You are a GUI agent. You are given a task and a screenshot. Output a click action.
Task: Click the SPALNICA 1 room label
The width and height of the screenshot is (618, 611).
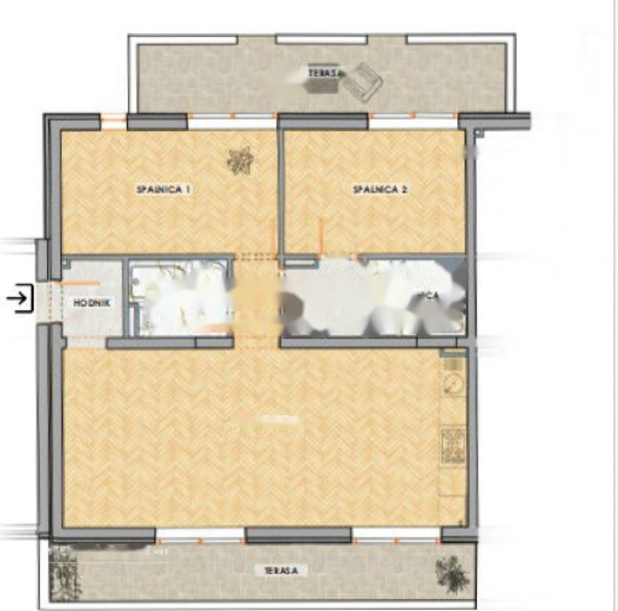point(164,189)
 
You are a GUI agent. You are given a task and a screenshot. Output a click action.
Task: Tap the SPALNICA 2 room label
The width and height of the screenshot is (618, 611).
point(380,189)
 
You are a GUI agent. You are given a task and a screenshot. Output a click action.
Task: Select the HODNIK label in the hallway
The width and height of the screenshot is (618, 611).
point(92,303)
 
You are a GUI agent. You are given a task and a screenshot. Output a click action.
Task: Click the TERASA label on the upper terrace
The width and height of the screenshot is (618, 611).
point(324,73)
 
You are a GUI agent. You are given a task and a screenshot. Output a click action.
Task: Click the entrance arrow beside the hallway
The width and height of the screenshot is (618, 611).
point(18,298)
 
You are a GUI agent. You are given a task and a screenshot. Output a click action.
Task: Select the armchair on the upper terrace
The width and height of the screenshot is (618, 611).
point(365,82)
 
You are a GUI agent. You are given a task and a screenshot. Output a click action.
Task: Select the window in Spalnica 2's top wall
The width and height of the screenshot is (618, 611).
point(413,122)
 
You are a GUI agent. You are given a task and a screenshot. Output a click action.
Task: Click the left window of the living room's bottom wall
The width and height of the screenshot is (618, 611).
point(200,535)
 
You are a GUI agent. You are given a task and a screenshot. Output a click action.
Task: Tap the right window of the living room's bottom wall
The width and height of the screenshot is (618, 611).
point(396,535)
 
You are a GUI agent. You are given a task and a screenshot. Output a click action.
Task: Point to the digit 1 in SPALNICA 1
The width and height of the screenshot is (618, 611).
point(188,189)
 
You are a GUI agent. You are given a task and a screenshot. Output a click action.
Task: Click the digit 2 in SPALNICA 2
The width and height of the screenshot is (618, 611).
point(404,189)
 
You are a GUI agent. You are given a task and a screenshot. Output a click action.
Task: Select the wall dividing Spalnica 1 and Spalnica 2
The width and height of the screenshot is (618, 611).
point(280,193)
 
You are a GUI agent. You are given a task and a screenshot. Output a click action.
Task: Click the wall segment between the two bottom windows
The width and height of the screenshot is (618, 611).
point(298,535)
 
